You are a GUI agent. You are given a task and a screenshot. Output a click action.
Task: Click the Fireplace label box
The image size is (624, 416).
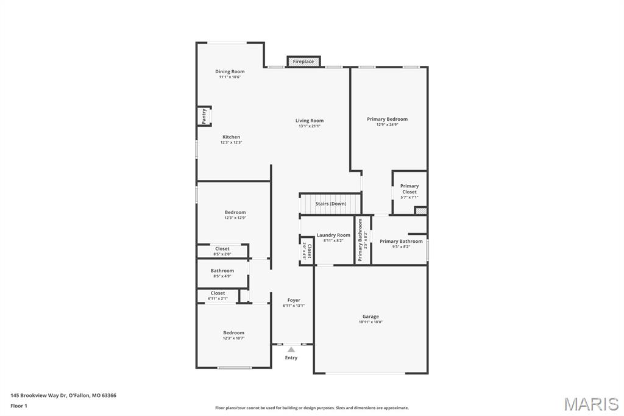[x=303, y=62]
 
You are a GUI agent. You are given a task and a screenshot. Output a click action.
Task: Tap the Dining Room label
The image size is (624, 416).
[x=230, y=71]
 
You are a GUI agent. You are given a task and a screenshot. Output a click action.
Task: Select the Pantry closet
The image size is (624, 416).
[x=204, y=115]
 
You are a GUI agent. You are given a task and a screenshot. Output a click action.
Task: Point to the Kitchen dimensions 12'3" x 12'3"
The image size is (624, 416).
[x=231, y=142]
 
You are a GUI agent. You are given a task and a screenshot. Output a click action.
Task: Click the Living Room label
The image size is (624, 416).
[x=310, y=121]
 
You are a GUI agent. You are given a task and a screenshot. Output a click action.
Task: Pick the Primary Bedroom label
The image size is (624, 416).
[x=387, y=119]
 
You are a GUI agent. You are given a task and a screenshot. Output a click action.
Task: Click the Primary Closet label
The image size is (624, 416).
[x=409, y=189]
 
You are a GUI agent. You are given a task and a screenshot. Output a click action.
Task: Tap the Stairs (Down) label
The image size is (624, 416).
[x=331, y=203]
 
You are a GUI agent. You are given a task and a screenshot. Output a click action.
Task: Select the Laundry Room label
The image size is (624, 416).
[x=333, y=235]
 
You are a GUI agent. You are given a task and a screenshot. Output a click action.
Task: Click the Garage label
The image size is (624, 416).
[x=370, y=317]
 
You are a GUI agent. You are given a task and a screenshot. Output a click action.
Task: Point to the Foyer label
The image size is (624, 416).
[x=294, y=300]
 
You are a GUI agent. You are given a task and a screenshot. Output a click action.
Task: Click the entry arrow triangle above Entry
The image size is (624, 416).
[x=291, y=350]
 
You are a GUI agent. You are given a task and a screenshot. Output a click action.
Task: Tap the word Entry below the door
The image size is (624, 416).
[x=291, y=357]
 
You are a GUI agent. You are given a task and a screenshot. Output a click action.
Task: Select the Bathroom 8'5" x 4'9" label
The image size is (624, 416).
[x=222, y=271]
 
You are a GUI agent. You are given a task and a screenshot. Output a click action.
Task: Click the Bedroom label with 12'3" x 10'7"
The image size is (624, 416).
[x=233, y=333]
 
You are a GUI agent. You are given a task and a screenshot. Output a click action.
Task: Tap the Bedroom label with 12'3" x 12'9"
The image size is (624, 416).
[x=235, y=212]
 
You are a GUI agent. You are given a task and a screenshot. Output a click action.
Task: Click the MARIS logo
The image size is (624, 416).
[x=590, y=403]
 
